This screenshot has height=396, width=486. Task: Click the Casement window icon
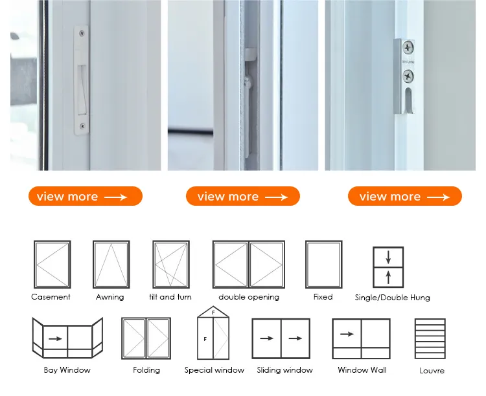tap(52, 265)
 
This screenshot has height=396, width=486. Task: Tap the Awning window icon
tap(111, 265)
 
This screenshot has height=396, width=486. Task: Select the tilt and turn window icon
tap(171, 265)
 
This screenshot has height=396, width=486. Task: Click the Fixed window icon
tap(324, 265)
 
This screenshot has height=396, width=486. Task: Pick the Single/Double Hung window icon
tap(388, 267)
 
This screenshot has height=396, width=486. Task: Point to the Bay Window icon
tap(67, 338)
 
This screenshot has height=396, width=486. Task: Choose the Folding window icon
tap(146, 338)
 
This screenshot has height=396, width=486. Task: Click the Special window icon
tap(213, 333)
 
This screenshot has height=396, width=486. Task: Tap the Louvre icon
tap(430, 338)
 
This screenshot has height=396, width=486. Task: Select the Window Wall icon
tap(361, 338)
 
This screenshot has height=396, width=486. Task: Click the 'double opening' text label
tap(249, 297)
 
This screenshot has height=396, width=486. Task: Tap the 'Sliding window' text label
tap(285, 370)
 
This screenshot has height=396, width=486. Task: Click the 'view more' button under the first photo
tap(86, 196)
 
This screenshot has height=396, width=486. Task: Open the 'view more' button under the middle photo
tap(243, 196)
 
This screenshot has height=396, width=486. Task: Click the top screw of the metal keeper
tap(408, 48)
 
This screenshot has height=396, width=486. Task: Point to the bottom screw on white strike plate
tap(82, 126)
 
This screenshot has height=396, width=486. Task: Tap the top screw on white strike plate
tap(82, 33)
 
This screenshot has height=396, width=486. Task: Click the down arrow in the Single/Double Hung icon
tap(388, 258)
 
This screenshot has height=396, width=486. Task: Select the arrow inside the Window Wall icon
tap(347, 334)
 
